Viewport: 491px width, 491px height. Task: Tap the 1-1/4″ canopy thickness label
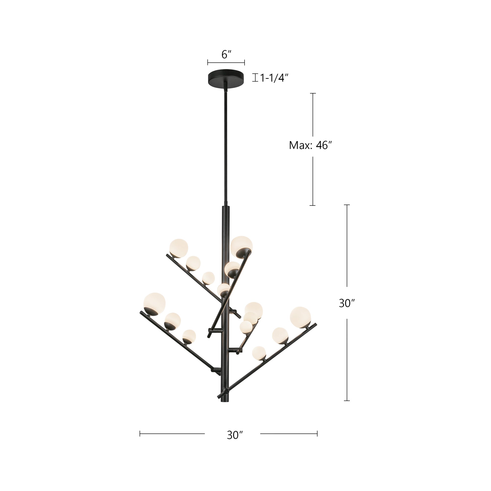pyautogui.click(x=274, y=78)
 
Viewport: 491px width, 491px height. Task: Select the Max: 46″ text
pyautogui.click(x=311, y=145)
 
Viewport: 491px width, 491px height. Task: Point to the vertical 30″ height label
pyautogui.click(x=347, y=303)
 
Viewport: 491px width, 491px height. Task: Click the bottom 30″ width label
pyautogui.click(x=235, y=435)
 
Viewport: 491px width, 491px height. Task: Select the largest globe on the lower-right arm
pyautogui.click(x=300, y=317)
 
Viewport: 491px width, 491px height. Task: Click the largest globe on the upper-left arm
pyautogui.click(x=179, y=248)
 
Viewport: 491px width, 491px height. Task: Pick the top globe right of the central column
pyautogui.click(x=241, y=246)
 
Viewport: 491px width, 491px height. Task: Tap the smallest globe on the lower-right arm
pyautogui.click(x=259, y=353)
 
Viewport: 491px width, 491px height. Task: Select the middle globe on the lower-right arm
pyautogui.click(x=280, y=335)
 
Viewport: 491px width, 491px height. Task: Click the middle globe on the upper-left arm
pyautogui.click(x=193, y=263)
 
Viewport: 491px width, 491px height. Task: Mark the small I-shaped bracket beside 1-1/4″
pyautogui.click(x=255, y=78)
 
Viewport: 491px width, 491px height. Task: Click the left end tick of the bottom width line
pyautogui.click(x=140, y=434)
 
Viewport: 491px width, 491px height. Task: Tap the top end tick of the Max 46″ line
pyautogui.click(x=313, y=94)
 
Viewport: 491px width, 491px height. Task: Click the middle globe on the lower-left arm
pyautogui.click(x=172, y=321)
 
